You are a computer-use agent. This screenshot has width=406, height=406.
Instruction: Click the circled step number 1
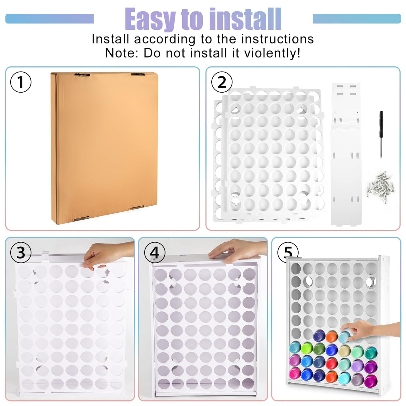pos(21,82)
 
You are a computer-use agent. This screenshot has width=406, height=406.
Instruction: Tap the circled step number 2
pos(222,82)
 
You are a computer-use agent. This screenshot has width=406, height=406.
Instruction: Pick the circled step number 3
pos(21,252)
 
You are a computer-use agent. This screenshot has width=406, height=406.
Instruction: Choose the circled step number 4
pos(155,252)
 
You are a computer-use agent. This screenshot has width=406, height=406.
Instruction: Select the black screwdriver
pos(381,134)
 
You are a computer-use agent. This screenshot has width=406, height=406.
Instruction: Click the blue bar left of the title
pos(49,18)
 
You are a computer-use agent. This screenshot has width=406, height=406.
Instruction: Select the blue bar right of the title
pos(357,18)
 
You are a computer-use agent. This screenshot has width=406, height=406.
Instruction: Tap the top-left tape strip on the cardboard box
pos(82,75)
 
